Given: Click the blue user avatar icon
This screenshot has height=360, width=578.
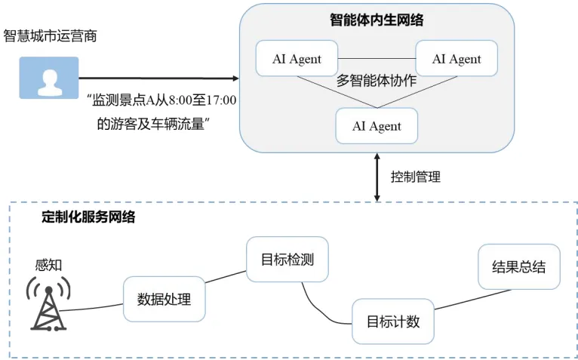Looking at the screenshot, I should pos(48,78).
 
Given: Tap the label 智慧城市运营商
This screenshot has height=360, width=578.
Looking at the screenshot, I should pos(51,35).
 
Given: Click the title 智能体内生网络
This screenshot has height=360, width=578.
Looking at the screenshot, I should pos(377,20).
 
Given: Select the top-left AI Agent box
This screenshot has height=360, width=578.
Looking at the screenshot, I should pos(297,60).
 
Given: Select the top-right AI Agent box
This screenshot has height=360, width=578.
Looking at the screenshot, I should pos(457,60).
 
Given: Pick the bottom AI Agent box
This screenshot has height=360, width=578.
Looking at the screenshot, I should pos(377,125).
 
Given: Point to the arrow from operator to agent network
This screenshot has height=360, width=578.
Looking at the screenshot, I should pos(158,77).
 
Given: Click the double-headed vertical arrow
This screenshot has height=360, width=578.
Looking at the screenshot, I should pos(377,177).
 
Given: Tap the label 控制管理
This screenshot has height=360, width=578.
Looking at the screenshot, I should pos(415,177).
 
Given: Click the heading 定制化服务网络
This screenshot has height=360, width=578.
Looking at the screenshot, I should pos(88,217).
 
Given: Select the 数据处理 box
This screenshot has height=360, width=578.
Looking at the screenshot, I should pos(164,299).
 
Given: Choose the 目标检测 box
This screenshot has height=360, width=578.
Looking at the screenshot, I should pos(280,260).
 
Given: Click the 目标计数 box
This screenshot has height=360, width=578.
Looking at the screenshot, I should pos(392,321).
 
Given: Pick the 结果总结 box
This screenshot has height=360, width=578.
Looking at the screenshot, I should pos(518,266).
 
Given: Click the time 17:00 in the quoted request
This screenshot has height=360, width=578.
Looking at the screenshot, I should pos(221,100).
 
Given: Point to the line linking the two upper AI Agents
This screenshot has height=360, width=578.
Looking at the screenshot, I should pos(377,59).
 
